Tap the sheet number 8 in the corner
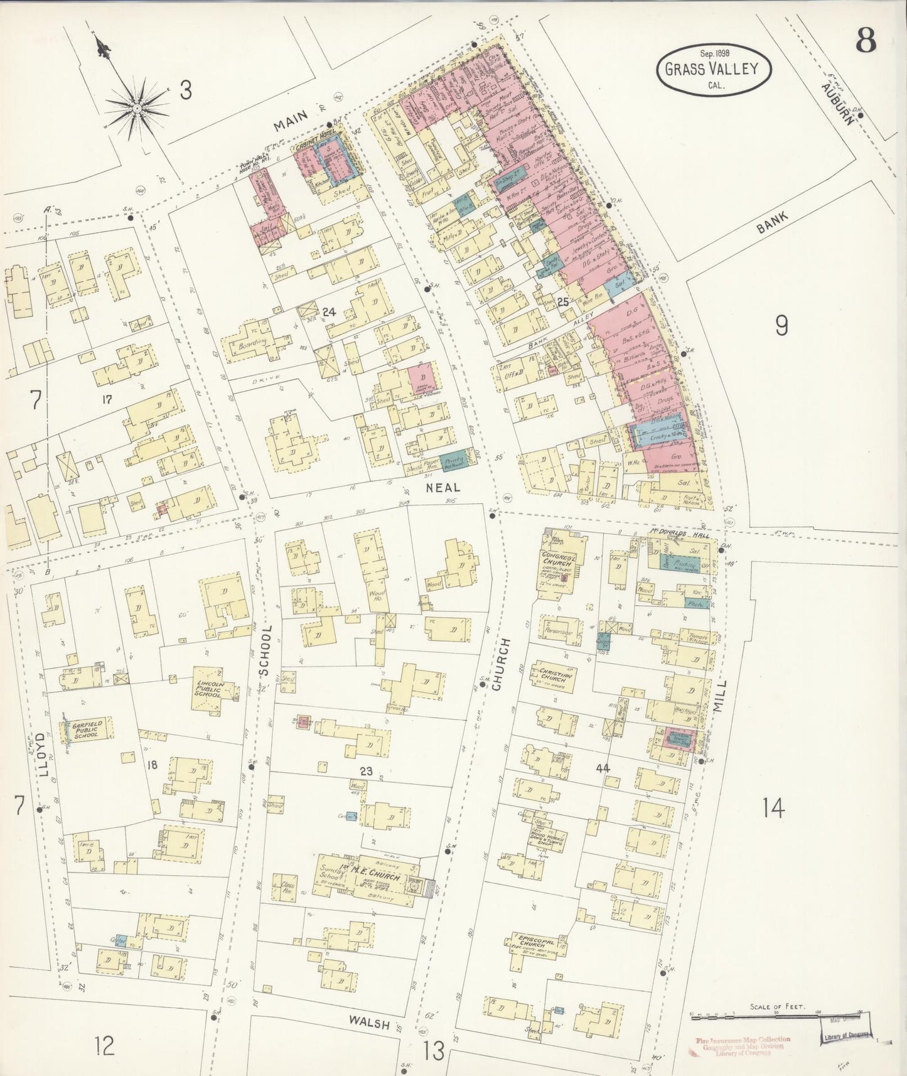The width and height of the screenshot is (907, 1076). pyautogui.click(x=867, y=43)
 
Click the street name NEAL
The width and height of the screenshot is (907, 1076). pyautogui.click(x=443, y=487)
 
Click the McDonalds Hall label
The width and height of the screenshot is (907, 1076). pyautogui.click(x=678, y=535)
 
